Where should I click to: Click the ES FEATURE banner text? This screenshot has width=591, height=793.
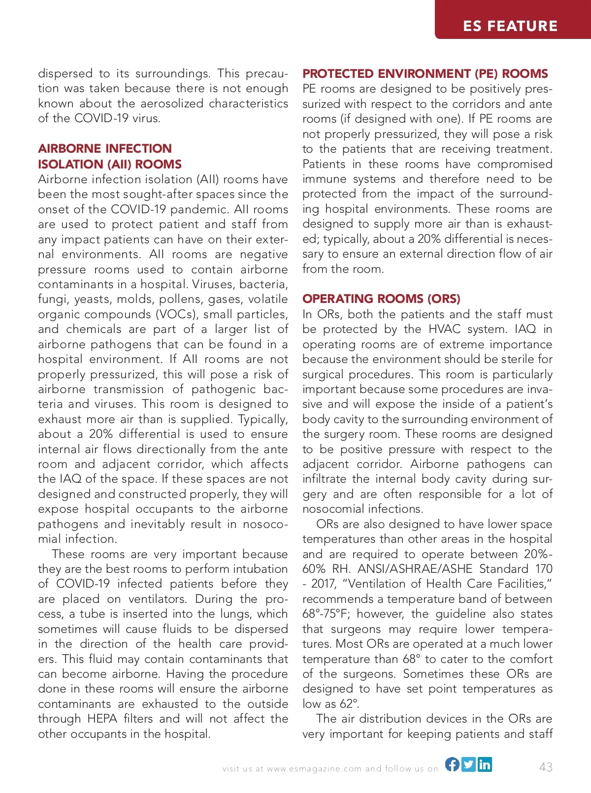(510, 26)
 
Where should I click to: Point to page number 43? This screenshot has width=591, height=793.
(546, 767)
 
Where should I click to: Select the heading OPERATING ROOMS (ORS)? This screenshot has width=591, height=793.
(381, 298)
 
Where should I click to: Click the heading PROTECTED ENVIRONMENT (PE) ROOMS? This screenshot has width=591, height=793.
(425, 73)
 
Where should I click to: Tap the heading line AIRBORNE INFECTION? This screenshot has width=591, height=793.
(105, 148)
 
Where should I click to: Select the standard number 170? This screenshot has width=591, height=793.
(544, 569)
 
